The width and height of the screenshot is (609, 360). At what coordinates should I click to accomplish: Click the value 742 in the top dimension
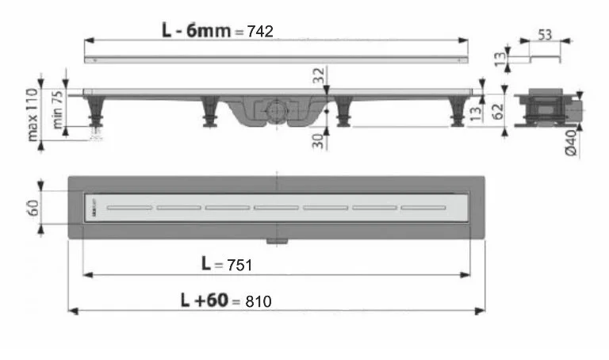260,31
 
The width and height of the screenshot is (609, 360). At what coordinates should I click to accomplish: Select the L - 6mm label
196,30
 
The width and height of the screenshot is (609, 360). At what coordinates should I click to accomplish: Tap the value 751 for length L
238,265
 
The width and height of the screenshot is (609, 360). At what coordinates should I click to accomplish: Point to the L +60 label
205,301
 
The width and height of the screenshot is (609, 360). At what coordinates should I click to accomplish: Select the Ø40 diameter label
593,140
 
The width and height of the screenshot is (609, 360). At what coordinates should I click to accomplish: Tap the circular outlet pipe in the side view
274,110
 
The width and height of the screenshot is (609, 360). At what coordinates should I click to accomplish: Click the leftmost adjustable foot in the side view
97,113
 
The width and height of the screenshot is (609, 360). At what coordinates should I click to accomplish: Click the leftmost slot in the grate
130,208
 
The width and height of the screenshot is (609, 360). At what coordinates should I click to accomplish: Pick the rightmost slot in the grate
423,208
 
